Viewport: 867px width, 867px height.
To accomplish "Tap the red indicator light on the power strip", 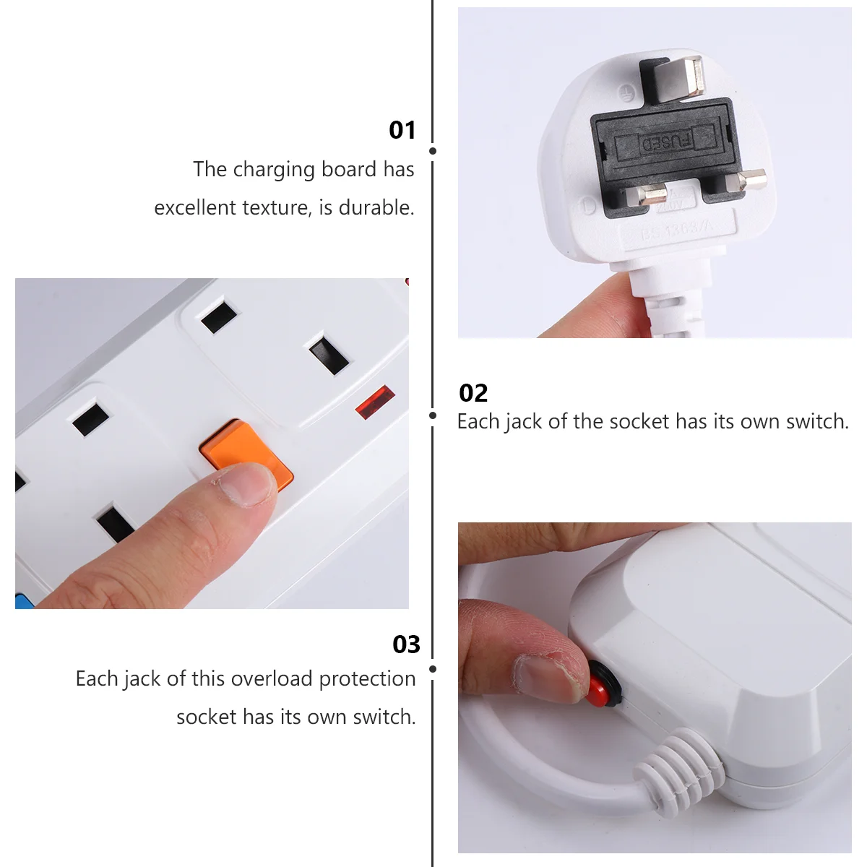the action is click(375, 402).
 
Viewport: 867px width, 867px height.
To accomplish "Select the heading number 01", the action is click(402, 131).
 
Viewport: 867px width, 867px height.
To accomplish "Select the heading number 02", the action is click(473, 393).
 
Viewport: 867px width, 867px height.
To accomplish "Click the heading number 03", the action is click(406, 644).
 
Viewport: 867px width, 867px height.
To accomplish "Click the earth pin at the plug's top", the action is click(672, 77).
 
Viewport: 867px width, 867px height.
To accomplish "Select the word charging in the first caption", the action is click(274, 171).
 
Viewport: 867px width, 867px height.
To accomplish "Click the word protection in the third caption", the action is click(367, 679).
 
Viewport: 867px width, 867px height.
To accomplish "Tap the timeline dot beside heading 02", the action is click(433, 415).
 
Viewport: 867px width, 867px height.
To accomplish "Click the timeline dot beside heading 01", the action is click(433, 151).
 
